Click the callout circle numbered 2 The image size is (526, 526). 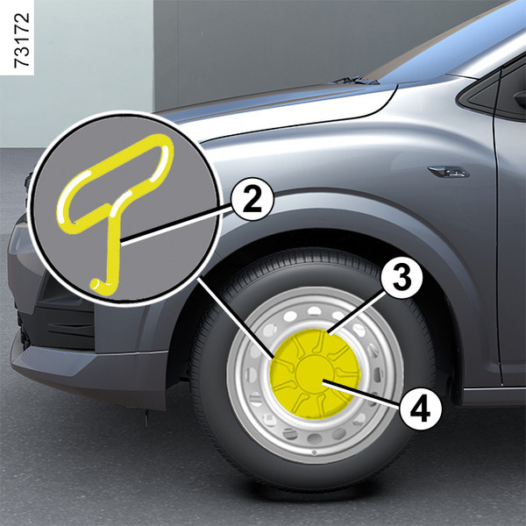252,199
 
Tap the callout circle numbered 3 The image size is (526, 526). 402,278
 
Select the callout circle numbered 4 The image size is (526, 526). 420,408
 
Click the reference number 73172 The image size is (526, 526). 21,40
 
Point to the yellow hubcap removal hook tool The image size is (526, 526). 114,208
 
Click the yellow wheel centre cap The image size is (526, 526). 316,373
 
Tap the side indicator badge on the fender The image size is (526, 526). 449,172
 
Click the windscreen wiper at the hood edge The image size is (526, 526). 355,80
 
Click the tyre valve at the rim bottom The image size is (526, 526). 315,452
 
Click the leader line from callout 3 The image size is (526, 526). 356,313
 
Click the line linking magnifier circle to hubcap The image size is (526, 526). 236,317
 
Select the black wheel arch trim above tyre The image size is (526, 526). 336,215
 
